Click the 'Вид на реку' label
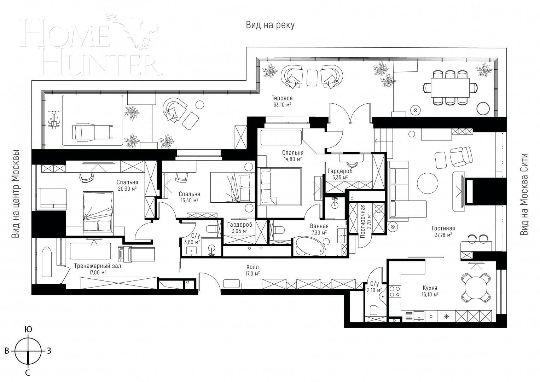(x=270, y=25)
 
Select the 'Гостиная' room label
(x=443, y=228)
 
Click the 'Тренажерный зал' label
(x=97, y=266)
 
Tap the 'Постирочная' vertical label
(x=363, y=226)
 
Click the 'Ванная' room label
(x=319, y=226)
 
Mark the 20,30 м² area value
(x=127, y=189)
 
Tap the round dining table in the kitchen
(x=476, y=288)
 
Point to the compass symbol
(x=28, y=351)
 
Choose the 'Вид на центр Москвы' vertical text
(x=16, y=194)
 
